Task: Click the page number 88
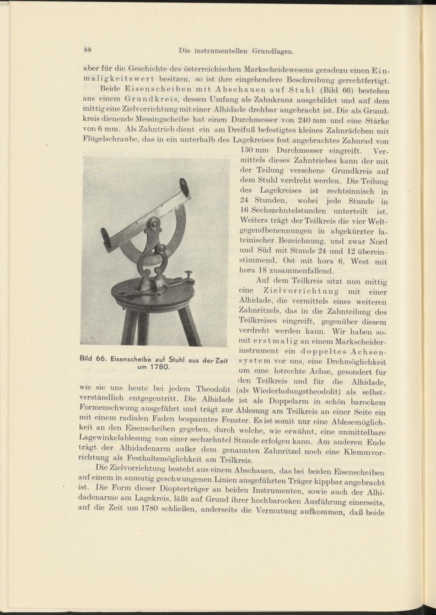(87, 49)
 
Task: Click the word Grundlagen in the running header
(273, 51)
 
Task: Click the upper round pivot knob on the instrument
(153, 223)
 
